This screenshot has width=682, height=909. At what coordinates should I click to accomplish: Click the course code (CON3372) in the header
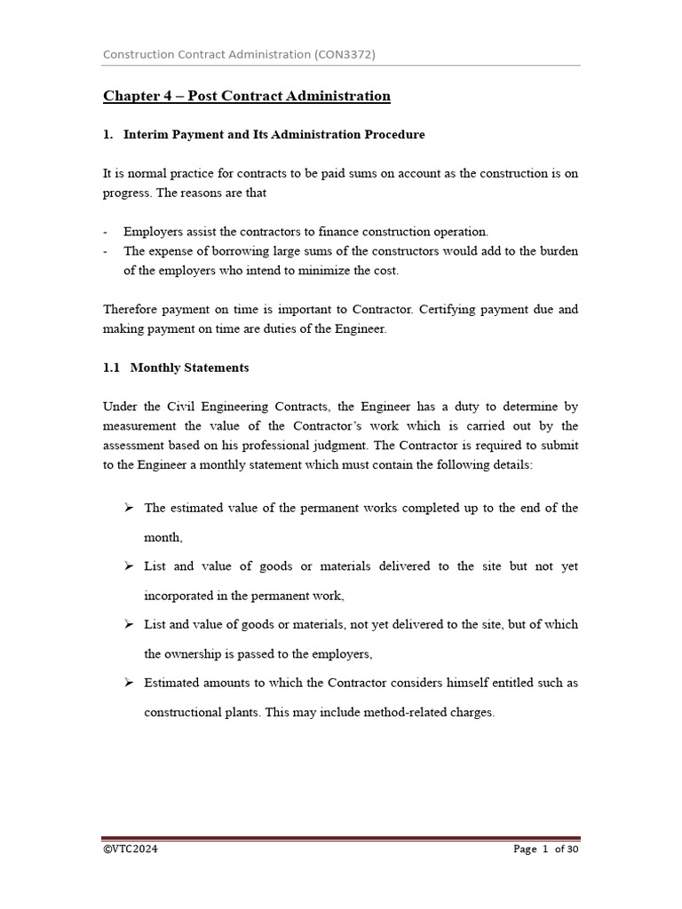pos(344,54)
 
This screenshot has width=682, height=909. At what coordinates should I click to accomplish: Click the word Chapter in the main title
pos(129,96)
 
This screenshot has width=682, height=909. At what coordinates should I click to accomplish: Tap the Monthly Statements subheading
pos(189,368)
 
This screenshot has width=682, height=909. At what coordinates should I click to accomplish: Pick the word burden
pos(555,251)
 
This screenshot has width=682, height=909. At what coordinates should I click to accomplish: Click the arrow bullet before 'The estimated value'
pos(129,508)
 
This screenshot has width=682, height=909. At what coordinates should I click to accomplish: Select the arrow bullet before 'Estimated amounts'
pos(129,683)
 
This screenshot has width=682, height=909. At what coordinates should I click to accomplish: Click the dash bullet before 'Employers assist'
pos(106,232)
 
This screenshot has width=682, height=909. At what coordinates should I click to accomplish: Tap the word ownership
pos(198,654)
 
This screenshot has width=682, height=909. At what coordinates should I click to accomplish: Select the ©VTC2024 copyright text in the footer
pos(131,850)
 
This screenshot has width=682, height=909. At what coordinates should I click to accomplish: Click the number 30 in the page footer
pos(573,850)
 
